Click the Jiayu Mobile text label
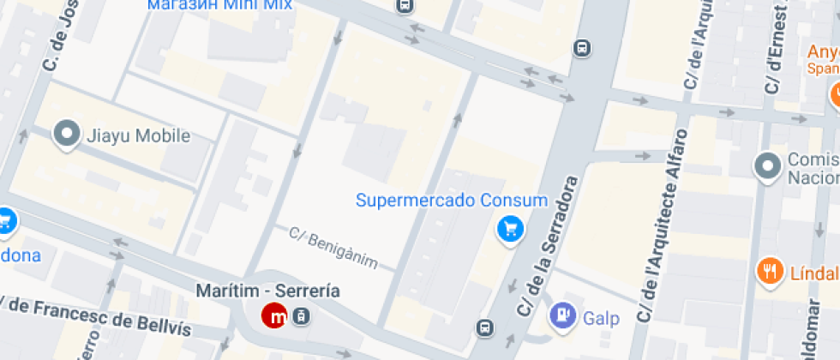click(x=138, y=135)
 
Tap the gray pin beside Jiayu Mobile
click(x=66, y=135)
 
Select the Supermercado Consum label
click(x=451, y=201)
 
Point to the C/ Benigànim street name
click(x=333, y=247)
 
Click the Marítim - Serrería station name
click(x=267, y=291)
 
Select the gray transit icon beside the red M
click(x=300, y=316)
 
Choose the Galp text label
click(x=601, y=319)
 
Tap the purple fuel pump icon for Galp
click(x=563, y=315)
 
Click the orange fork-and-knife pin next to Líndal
click(x=770, y=272)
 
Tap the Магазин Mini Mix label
click(x=219, y=4)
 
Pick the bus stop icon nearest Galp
click(x=486, y=327)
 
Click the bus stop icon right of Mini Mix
click(x=405, y=5)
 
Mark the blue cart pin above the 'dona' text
click(x=5, y=222)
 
